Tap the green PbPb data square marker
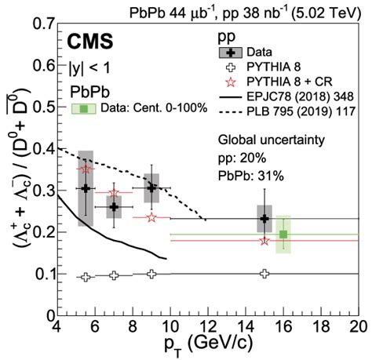click(283, 234)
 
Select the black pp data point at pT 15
click(264, 219)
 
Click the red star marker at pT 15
click(264, 240)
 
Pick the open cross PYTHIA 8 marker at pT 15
click(264, 274)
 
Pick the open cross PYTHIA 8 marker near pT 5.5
click(86, 277)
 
